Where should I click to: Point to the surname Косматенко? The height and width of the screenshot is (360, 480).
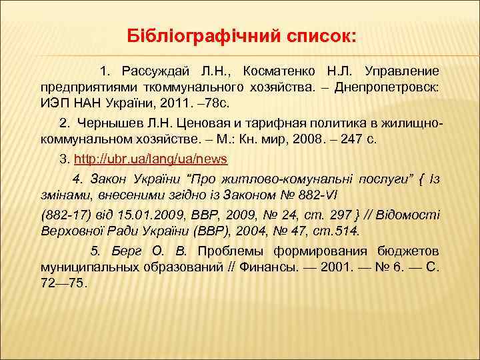coord(281,71)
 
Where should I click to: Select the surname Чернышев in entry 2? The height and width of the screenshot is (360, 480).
coord(106,123)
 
